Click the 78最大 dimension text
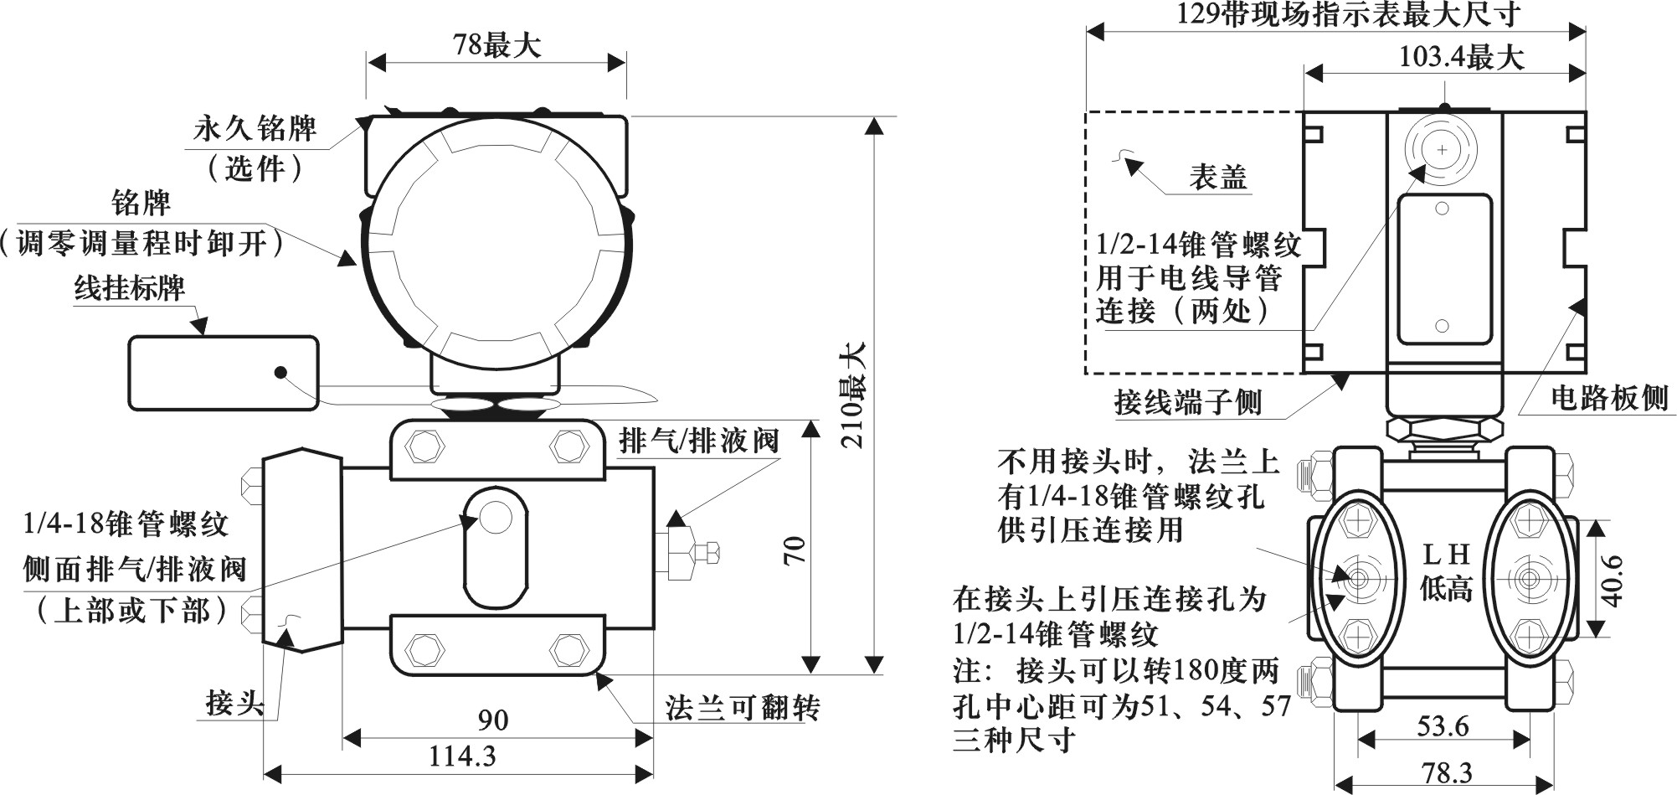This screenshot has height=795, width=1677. point(496,44)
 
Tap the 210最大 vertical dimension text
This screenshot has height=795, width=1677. point(853,395)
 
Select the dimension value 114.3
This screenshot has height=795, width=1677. point(462,756)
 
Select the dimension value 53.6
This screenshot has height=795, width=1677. point(1443,725)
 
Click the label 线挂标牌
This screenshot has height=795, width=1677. point(130,288)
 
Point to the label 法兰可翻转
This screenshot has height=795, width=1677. point(743,708)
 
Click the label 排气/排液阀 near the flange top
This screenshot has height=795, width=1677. point(699,441)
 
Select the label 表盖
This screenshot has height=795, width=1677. point(1218,177)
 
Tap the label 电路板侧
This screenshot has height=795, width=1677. point(1609,398)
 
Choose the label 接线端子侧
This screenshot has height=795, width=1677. point(1188,403)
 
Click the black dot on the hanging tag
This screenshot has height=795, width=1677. point(280,372)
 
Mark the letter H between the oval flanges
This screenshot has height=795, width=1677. point(1458,554)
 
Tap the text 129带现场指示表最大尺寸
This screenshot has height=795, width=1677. point(1337,14)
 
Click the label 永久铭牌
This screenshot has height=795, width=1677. point(255,129)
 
